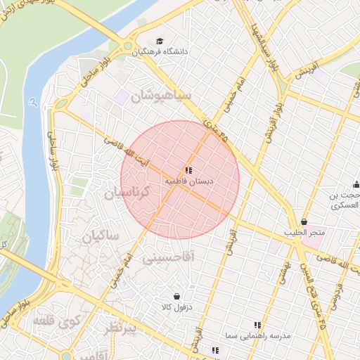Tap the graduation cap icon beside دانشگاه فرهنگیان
160,42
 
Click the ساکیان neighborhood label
100,236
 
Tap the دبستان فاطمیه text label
188,181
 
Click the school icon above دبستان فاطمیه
188,170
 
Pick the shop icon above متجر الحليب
304,222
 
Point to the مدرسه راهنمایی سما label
257,336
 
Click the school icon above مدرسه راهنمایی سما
257,325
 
